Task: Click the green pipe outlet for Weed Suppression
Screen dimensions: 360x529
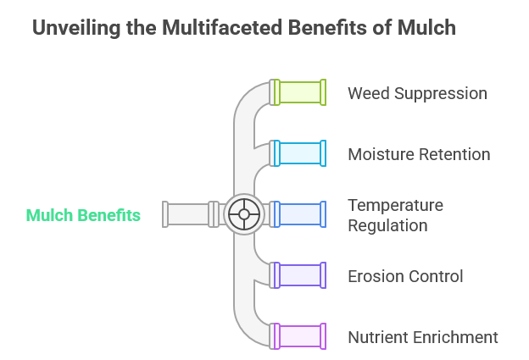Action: [x=300, y=92]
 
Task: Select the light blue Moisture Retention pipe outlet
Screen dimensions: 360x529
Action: [x=300, y=153]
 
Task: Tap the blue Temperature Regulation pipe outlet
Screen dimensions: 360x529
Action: [x=300, y=214]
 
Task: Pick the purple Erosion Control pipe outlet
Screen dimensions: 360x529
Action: [x=300, y=275]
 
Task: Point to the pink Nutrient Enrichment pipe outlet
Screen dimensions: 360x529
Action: [x=300, y=336]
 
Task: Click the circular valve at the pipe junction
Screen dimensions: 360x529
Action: [x=244, y=214]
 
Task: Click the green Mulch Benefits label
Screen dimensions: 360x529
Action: [x=83, y=215]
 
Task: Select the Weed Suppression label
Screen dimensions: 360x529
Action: [x=417, y=93]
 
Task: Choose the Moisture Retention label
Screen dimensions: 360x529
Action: [x=419, y=154]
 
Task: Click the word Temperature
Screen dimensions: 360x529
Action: [x=396, y=205]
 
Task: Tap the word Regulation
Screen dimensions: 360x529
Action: [x=387, y=225]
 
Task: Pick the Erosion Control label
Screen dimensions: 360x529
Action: [x=405, y=276]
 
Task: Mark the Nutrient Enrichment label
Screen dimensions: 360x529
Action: [x=423, y=337]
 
